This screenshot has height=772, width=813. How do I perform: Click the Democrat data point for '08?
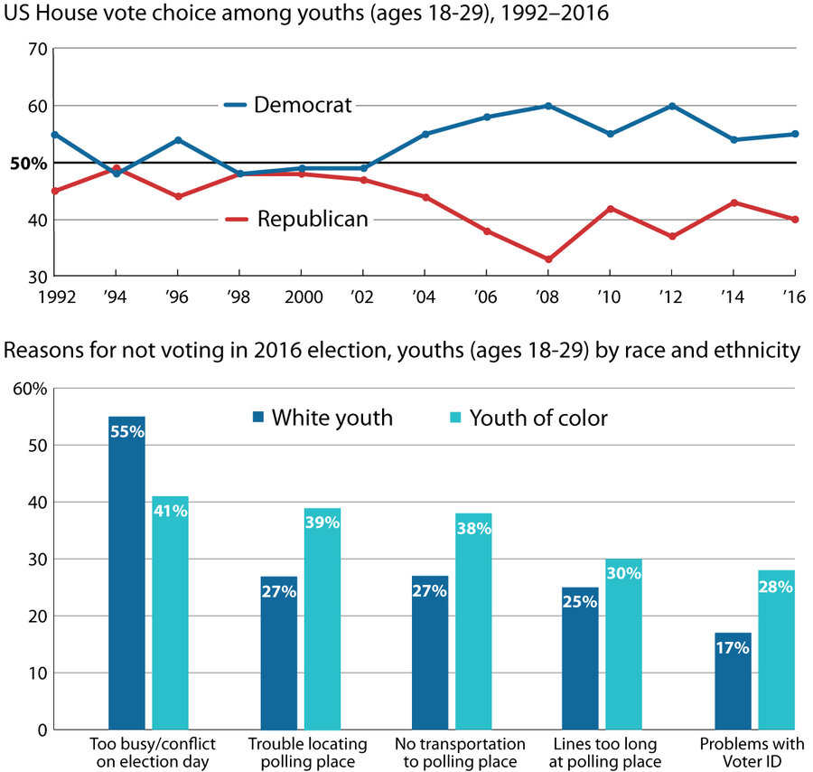[x=548, y=106]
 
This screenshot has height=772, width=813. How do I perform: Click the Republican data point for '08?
[x=548, y=259]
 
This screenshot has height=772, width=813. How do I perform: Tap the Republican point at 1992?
[x=53, y=191]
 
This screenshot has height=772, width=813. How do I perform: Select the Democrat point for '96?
[x=178, y=140]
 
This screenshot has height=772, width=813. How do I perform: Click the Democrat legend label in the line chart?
[x=303, y=105]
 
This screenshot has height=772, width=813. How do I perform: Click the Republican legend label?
[x=313, y=219]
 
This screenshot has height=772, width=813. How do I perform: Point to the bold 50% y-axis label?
[x=28, y=164]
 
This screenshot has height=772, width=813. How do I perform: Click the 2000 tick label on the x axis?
[x=301, y=295]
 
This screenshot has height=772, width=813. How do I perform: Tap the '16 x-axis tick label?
[x=794, y=295]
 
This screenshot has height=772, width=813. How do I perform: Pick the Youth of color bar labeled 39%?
[x=322, y=618]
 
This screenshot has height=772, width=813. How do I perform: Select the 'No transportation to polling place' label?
[x=461, y=752]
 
